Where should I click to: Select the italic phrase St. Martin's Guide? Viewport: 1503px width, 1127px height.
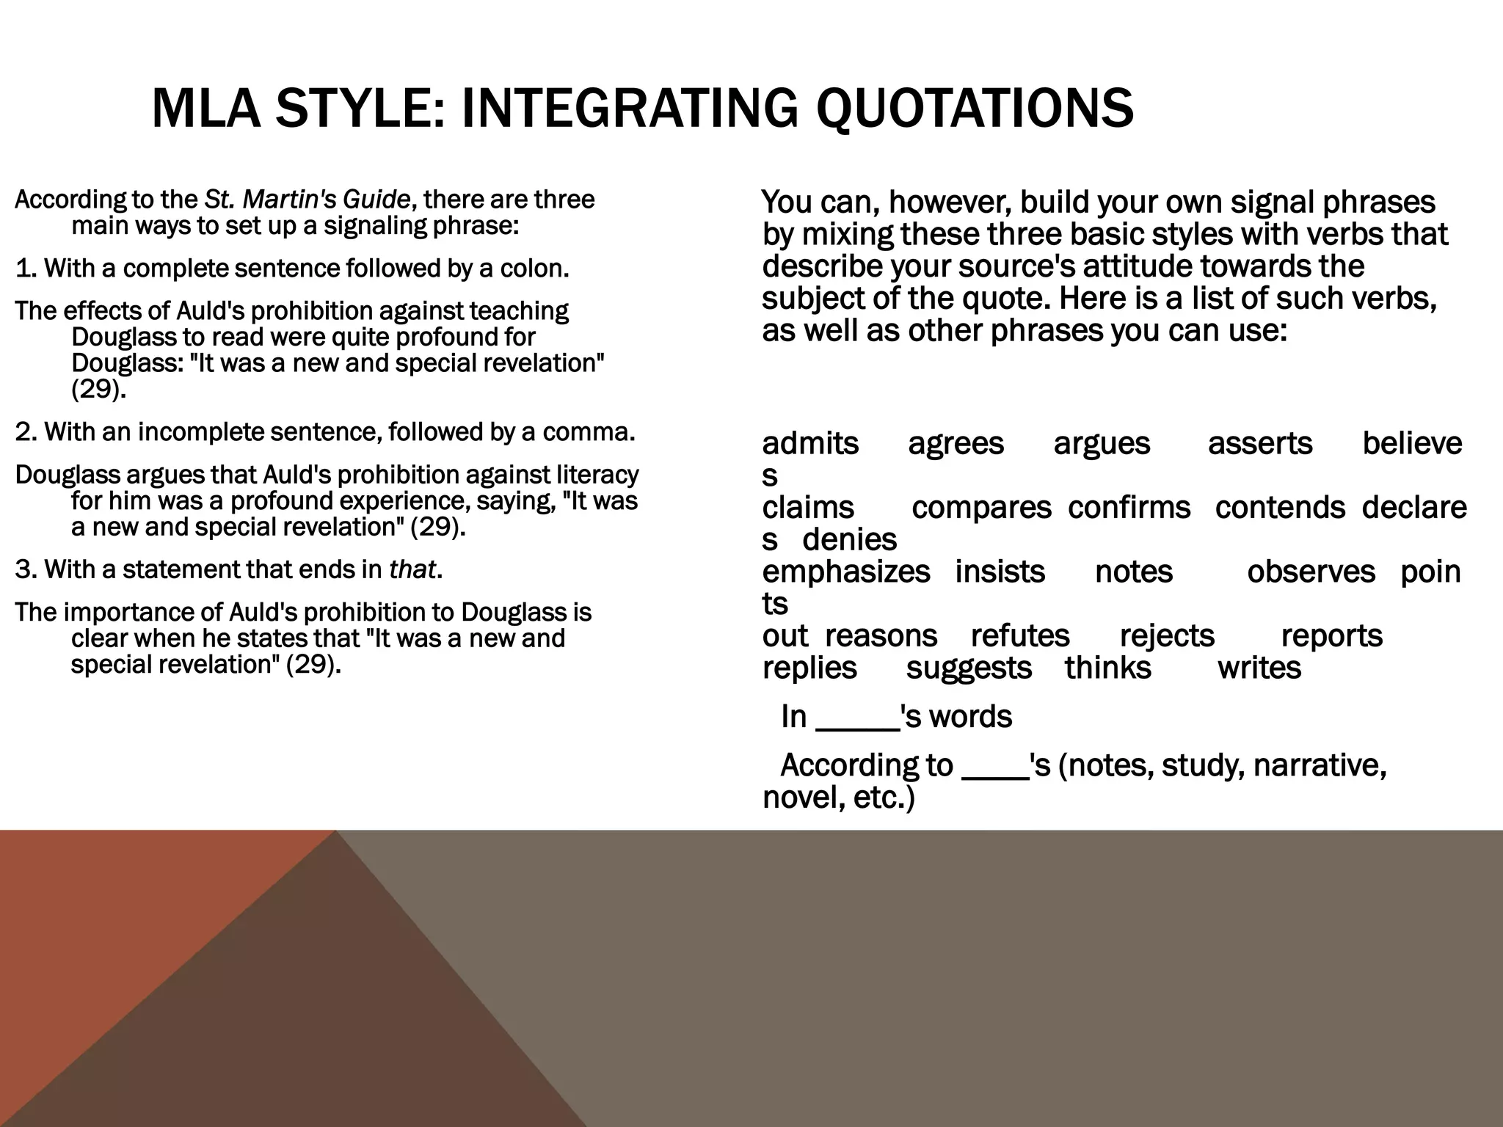click(307, 200)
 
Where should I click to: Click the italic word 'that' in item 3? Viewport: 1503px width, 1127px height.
click(412, 569)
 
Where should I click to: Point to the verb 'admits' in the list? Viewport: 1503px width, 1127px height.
click(810, 444)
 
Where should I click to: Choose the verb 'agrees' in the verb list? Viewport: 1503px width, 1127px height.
click(956, 444)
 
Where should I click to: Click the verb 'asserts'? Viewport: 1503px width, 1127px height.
click(1260, 444)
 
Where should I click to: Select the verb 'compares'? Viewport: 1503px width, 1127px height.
click(981, 508)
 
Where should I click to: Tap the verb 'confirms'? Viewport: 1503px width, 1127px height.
click(1129, 508)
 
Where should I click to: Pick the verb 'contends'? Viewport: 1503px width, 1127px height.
click(1280, 508)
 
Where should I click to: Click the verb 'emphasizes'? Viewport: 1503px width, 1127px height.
click(845, 572)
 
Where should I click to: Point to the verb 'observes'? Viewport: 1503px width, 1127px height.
click(1311, 572)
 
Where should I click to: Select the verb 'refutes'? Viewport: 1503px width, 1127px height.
click(1020, 636)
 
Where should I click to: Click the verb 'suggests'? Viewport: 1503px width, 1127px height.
click(969, 668)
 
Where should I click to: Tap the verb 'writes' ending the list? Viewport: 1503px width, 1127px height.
click(1259, 668)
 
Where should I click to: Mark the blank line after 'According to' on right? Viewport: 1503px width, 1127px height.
click(994, 776)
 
